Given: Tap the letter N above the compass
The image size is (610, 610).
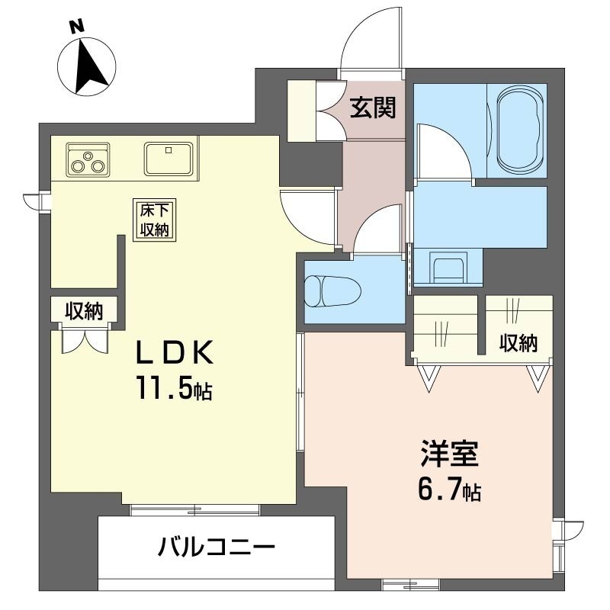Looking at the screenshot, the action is tap(77, 27).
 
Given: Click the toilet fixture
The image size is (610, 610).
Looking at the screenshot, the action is tap(332, 291).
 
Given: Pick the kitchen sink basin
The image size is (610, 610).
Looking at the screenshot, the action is tap(169, 159).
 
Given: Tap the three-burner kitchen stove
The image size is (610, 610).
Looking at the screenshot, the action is tap(88, 159).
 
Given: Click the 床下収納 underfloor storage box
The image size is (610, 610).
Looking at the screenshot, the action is tap(155, 220).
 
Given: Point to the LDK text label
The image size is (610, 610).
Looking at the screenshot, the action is tap(175, 352).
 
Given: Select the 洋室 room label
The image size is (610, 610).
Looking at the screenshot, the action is tap(449, 454).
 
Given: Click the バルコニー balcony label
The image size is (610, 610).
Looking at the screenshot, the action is tap(217, 547).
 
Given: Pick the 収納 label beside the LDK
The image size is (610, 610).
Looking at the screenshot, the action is tap(84, 311).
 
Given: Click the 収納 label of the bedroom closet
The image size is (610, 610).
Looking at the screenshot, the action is tap(518, 343).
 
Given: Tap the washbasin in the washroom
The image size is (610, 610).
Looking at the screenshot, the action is tap(448, 267).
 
